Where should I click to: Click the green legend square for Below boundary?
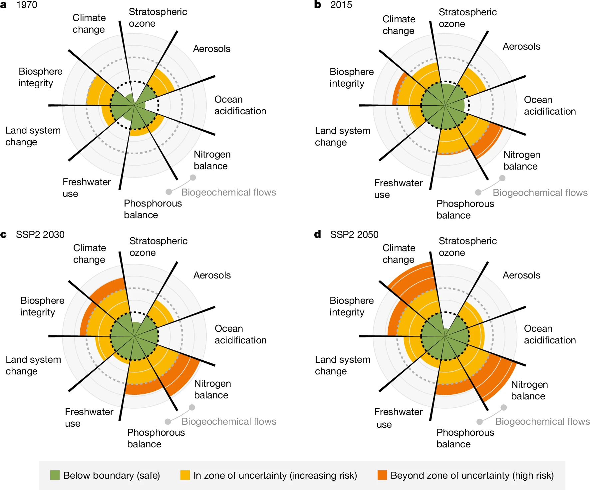click(55, 475)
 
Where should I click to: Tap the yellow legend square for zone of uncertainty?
click(185, 475)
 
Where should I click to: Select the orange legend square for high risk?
click(382, 475)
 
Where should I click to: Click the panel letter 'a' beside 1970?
click(4, 5)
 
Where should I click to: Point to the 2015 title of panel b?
click(341, 5)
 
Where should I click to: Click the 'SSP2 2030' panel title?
click(40, 235)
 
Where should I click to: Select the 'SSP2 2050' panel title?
click(354, 235)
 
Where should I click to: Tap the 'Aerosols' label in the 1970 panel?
click(212, 49)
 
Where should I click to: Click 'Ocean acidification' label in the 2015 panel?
click(550, 105)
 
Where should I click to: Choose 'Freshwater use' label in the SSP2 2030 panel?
click(89, 417)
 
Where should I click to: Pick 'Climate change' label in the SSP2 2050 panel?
click(399, 253)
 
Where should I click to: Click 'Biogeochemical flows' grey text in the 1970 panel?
click(228, 192)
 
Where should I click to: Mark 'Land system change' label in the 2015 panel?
click(342, 136)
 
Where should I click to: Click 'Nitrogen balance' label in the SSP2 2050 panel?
click(529, 390)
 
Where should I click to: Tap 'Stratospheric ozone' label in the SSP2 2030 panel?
click(158, 246)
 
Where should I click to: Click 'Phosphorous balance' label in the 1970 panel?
click(152, 209)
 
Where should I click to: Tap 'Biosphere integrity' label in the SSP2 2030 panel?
click(42, 306)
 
